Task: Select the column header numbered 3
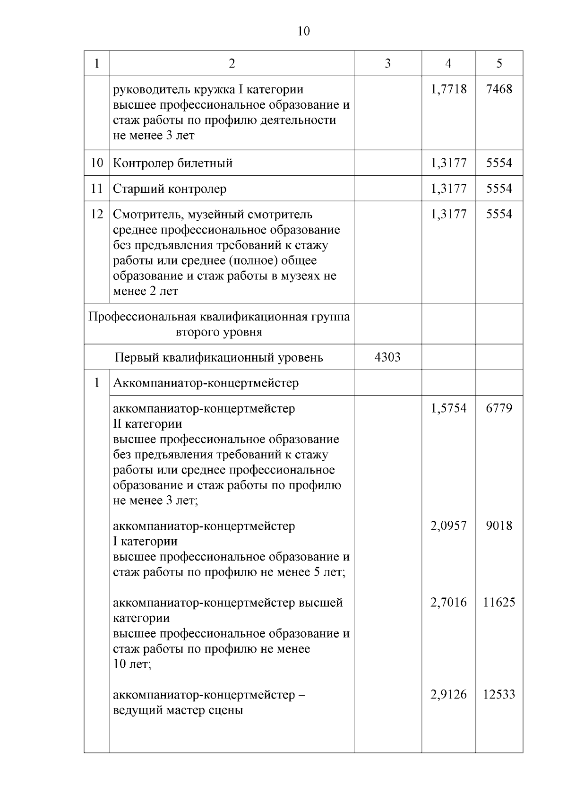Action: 387,63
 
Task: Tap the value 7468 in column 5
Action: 499,89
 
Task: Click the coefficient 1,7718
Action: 448,89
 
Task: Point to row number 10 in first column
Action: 96,163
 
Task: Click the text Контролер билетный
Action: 172,164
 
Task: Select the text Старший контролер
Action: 169,189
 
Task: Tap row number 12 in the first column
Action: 96,214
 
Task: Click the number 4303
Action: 387,357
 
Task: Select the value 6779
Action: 499,408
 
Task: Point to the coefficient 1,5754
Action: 448,408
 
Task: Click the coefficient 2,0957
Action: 448,526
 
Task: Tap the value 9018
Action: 499,526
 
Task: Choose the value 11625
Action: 499,603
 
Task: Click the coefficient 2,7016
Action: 448,603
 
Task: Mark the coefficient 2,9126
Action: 448,695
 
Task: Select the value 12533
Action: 499,695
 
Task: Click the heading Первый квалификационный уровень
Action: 219,357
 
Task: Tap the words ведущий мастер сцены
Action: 178,710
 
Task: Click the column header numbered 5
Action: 499,63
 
